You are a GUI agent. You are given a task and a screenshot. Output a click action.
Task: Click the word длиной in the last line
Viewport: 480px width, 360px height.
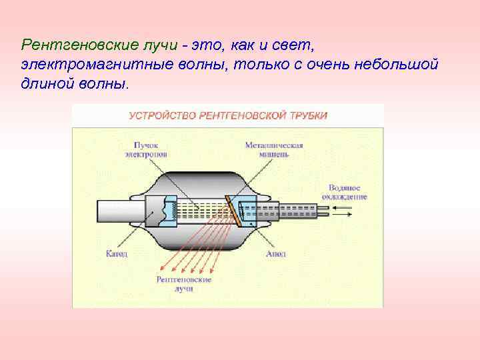[x=41, y=85]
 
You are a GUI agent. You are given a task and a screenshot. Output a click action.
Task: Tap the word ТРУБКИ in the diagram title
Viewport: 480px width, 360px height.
[x=309, y=115]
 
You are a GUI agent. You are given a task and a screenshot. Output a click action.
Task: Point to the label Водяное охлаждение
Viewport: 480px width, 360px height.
[x=344, y=192]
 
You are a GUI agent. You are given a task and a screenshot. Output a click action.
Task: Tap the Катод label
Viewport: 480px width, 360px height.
[x=116, y=254]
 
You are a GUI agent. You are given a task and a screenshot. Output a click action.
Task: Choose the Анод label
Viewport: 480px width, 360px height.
[x=276, y=254]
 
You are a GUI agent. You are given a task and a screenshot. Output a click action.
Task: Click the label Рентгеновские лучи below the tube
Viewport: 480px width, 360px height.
[x=184, y=284]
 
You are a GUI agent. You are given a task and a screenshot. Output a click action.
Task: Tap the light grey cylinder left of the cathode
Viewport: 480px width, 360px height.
[x=120, y=212]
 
